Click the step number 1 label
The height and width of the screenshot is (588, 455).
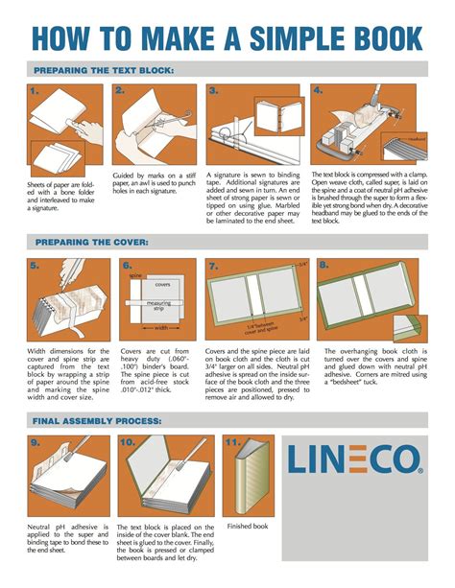pyautogui.click(x=35, y=91)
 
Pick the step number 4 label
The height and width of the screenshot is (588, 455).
pyautogui.click(x=323, y=91)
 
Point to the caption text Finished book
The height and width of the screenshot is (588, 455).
pyautogui.click(x=247, y=527)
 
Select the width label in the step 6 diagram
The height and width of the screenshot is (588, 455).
pyautogui.click(x=160, y=326)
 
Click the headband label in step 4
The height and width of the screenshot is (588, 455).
pyautogui.click(x=415, y=139)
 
